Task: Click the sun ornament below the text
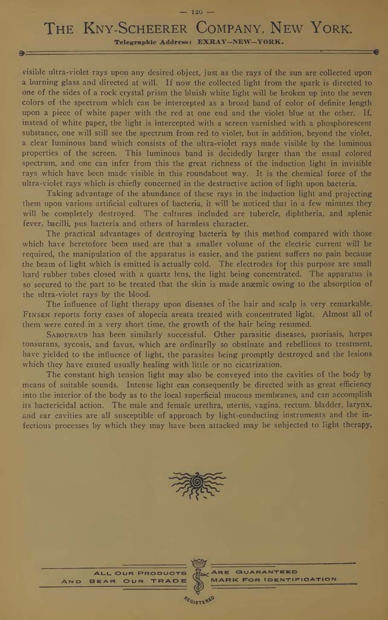click(x=196, y=483)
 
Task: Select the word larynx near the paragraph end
click(x=357, y=404)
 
